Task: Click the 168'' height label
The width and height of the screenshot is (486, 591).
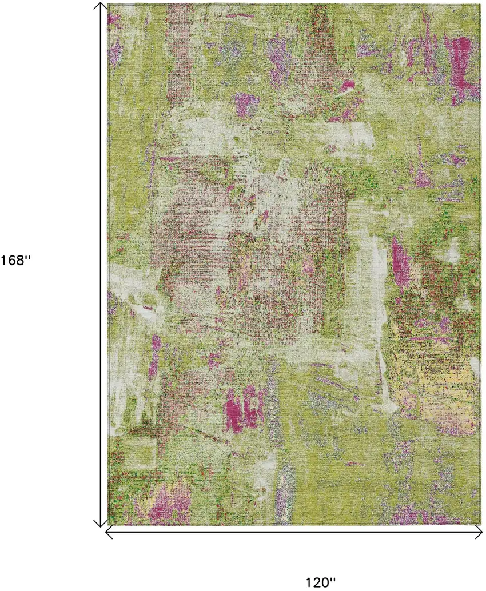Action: pos(15,261)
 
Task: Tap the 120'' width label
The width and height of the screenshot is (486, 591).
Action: pos(320,582)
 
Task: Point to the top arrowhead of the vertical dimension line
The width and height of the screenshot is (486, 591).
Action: pos(101,6)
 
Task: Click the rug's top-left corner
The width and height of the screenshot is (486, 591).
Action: pos(109,5)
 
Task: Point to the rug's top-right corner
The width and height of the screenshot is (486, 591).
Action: pos(479,5)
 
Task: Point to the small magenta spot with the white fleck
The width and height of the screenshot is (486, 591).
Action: pos(348,86)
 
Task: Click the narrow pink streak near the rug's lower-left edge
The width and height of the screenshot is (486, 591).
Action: pos(154,357)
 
